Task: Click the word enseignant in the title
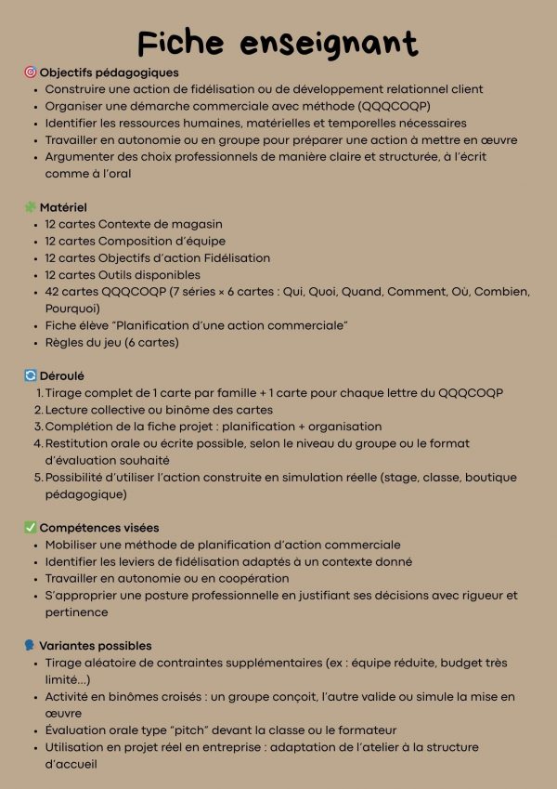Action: [329, 43]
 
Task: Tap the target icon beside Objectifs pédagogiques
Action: [30, 72]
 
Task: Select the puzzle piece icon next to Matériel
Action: [30, 207]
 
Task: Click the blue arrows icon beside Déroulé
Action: [30, 376]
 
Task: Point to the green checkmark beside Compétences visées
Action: [30, 528]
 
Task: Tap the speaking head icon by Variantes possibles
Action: [30, 646]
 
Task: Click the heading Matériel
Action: [63, 207]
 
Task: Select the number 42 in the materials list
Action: [53, 292]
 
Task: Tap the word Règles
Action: [64, 342]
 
